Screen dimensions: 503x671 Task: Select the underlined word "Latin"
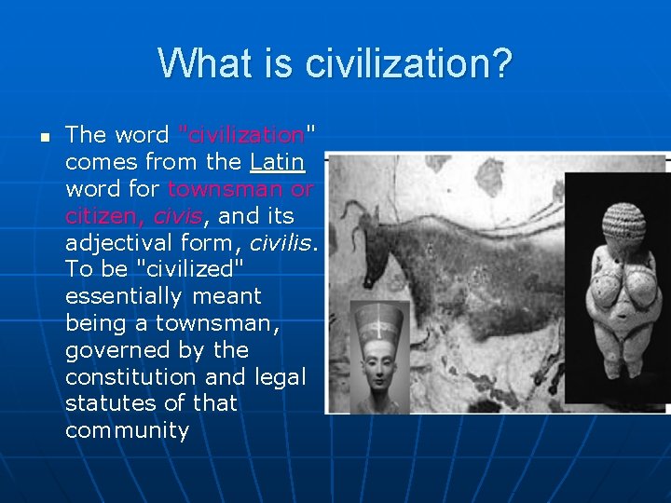click(x=277, y=162)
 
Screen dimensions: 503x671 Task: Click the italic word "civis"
click(x=177, y=216)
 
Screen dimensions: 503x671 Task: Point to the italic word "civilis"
click(x=283, y=243)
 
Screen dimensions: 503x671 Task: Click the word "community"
click(x=127, y=431)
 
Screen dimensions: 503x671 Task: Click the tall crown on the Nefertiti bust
click(x=378, y=322)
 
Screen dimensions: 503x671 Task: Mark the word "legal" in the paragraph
click(x=279, y=377)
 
